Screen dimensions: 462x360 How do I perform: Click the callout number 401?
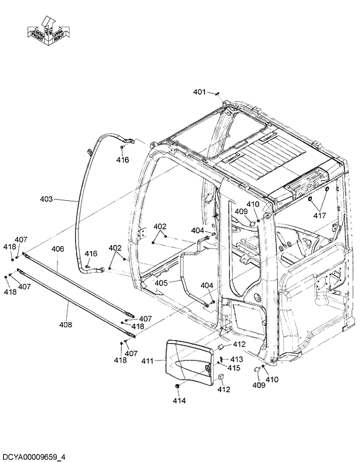point(199,92)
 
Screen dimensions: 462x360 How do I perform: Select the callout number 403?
point(46,199)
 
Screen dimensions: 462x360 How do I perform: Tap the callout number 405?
point(161,283)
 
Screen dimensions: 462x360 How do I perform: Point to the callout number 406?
point(57,249)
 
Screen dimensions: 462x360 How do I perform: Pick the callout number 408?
point(66,324)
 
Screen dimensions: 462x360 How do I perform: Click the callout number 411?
point(147,361)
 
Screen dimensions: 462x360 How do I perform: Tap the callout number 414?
point(179,400)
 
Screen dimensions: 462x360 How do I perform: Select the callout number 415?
point(233,368)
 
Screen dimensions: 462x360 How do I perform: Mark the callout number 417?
point(319,215)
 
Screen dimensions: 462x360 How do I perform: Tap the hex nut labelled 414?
point(177,387)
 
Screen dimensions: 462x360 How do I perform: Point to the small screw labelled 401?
point(216,93)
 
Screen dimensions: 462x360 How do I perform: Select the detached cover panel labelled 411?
point(187,363)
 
